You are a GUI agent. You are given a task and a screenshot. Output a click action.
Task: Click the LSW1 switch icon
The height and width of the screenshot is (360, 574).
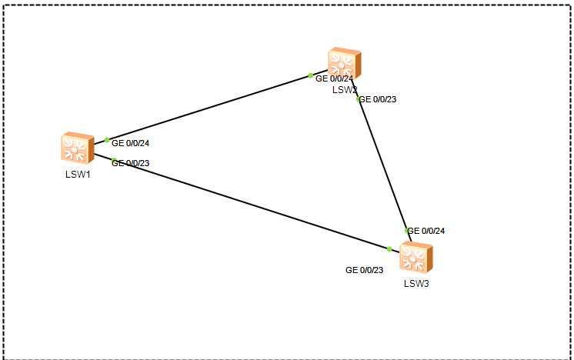pyautogui.click(x=76, y=147)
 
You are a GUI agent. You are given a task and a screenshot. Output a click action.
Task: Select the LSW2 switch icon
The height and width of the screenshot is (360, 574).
pyautogui.click(x=343, y=62)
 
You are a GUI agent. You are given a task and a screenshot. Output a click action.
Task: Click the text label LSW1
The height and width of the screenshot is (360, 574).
pyautogui.click(x=76, y=174)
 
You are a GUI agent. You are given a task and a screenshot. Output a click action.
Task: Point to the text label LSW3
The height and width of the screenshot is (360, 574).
pyautogui.click(x=416, y=284)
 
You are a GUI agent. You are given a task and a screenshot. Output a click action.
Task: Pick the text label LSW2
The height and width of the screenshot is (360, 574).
pyautogui.click(x=345, y=89)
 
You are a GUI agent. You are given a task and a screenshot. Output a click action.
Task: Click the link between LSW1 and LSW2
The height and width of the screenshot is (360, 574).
pyautogui.click(x=208, y=108)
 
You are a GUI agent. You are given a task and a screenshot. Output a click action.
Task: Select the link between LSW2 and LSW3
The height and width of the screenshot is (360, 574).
pyautogui.click(x=382, y=165)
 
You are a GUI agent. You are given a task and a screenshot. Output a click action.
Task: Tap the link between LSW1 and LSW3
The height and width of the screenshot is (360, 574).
pyautogui.click(x=246, y=204)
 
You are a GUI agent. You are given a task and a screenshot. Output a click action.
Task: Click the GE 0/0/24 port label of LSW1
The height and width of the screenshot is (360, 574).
pyautogui.click(x=131, y=143)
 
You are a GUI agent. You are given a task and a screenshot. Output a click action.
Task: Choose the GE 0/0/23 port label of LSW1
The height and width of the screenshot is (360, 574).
pyautogui.click(x=131, y=162)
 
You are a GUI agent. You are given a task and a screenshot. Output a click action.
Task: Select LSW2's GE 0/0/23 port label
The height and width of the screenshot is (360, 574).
pyautogui.click(x=379, y=99)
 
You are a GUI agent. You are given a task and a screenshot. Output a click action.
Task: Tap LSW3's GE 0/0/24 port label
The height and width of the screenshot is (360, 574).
pyautogui.click(x=426, y=231)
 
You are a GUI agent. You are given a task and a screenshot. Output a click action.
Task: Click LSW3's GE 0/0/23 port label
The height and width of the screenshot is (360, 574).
pyautogui.click(x=365, y=270)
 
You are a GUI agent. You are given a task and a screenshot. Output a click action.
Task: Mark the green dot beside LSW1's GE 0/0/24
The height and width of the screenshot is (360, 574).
pyautogui.click(x=107, y=140)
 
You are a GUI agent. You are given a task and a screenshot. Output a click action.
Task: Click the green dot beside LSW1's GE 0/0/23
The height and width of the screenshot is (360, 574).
pyautogui.click(x=114, y=161)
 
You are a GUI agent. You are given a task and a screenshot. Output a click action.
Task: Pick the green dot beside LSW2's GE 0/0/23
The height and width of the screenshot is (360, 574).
pyautogui.click(x=359, y=98)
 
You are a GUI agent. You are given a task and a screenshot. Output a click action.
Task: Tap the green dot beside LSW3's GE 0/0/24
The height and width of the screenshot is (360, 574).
pyautogui.click(x=407, y=231)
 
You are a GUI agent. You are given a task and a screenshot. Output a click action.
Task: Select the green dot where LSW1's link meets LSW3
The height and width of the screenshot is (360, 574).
pyautogui.click(x=389, y=249)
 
